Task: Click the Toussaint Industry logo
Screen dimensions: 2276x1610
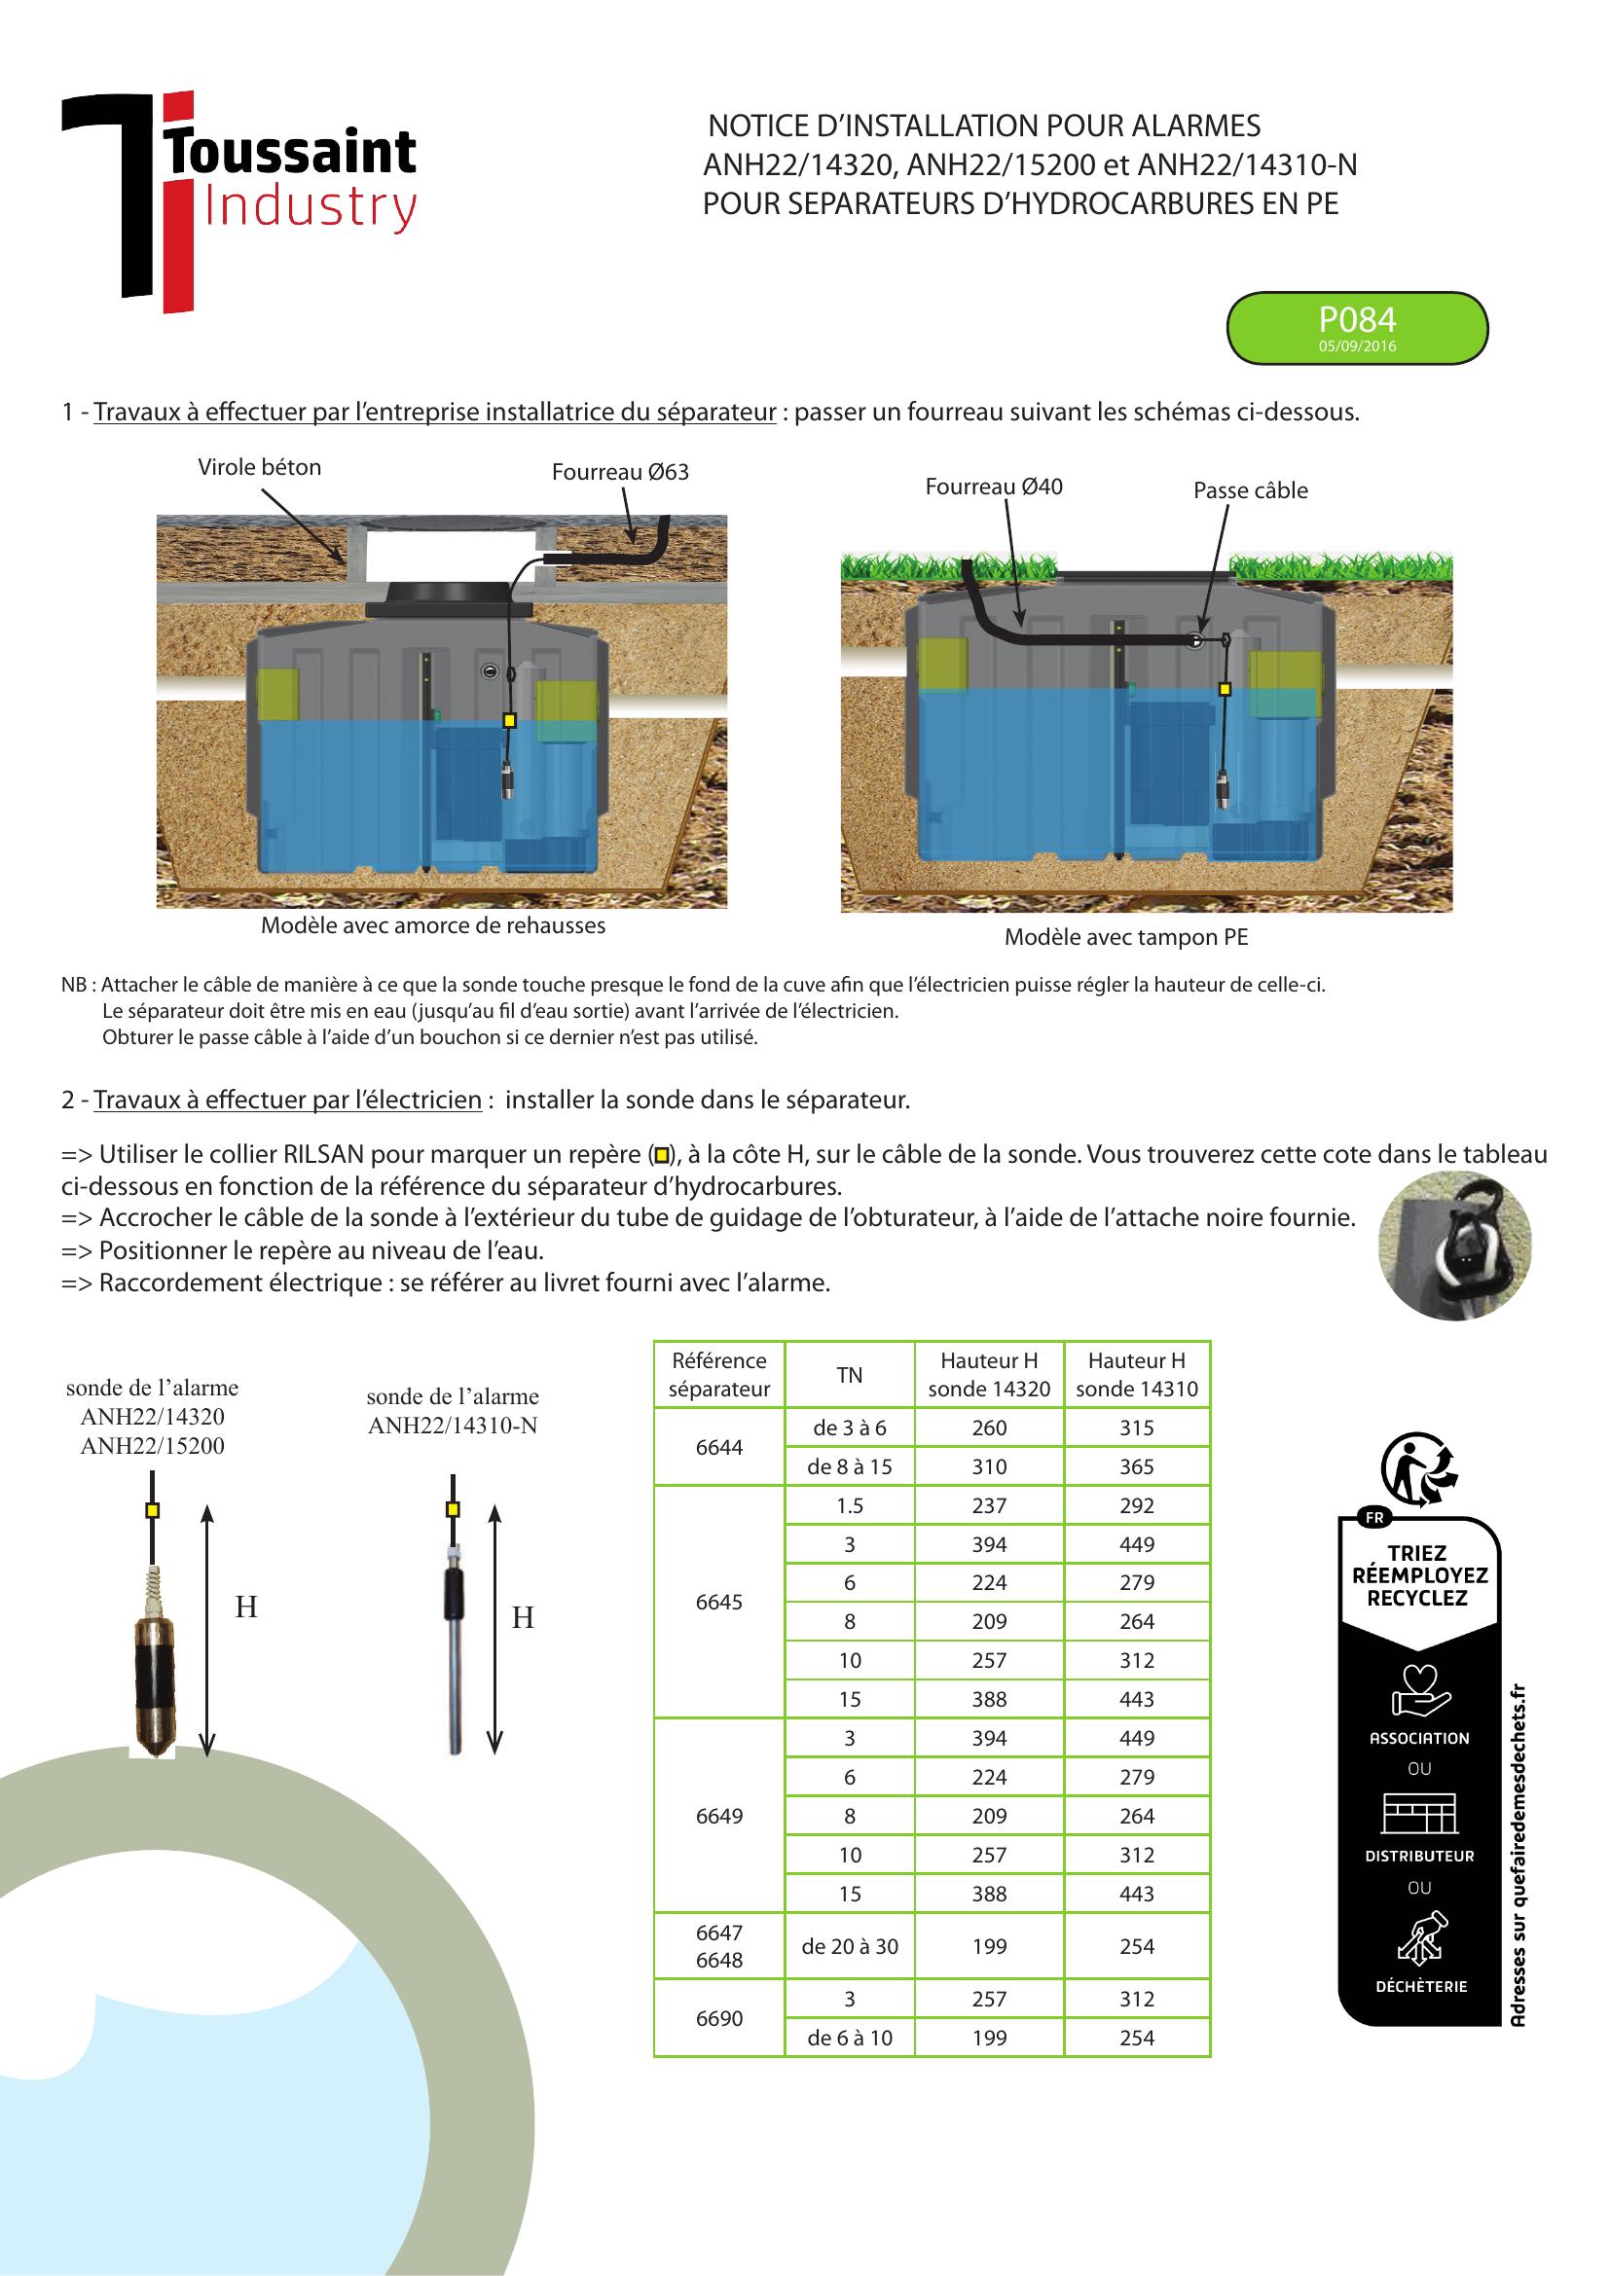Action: pos(238,199)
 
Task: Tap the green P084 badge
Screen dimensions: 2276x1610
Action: pos(1356,327)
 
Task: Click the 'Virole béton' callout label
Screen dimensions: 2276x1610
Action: pos(259,467)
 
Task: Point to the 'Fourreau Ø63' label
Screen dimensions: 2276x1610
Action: pos(620,472)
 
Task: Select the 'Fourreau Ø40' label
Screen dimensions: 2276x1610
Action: pos(994,487)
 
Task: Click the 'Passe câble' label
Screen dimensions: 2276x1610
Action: pos(1250,490)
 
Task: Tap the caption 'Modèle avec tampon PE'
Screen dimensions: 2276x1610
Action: pos(1125,937)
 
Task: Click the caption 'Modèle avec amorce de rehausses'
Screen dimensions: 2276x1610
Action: pos(432,924)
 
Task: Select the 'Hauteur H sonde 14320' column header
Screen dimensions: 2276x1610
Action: pos(988,1374)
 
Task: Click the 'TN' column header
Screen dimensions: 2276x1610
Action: pos(849,1374)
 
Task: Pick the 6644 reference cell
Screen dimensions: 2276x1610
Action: pos(718,1446)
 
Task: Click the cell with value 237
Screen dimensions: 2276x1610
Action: pos(988,1504)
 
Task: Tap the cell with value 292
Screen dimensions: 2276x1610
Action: pos(1136,1504)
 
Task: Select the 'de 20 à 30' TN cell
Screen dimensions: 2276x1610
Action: pos(849,1946)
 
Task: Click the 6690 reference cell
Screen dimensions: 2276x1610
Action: pos(718,2017)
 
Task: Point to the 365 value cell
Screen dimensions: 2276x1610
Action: pos(1136,1466)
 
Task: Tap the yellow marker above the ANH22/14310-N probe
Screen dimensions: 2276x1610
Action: pos(452,1510)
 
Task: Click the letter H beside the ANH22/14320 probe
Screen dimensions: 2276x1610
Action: pos(246,1607)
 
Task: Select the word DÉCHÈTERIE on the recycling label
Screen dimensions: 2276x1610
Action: pos(1419,1987)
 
